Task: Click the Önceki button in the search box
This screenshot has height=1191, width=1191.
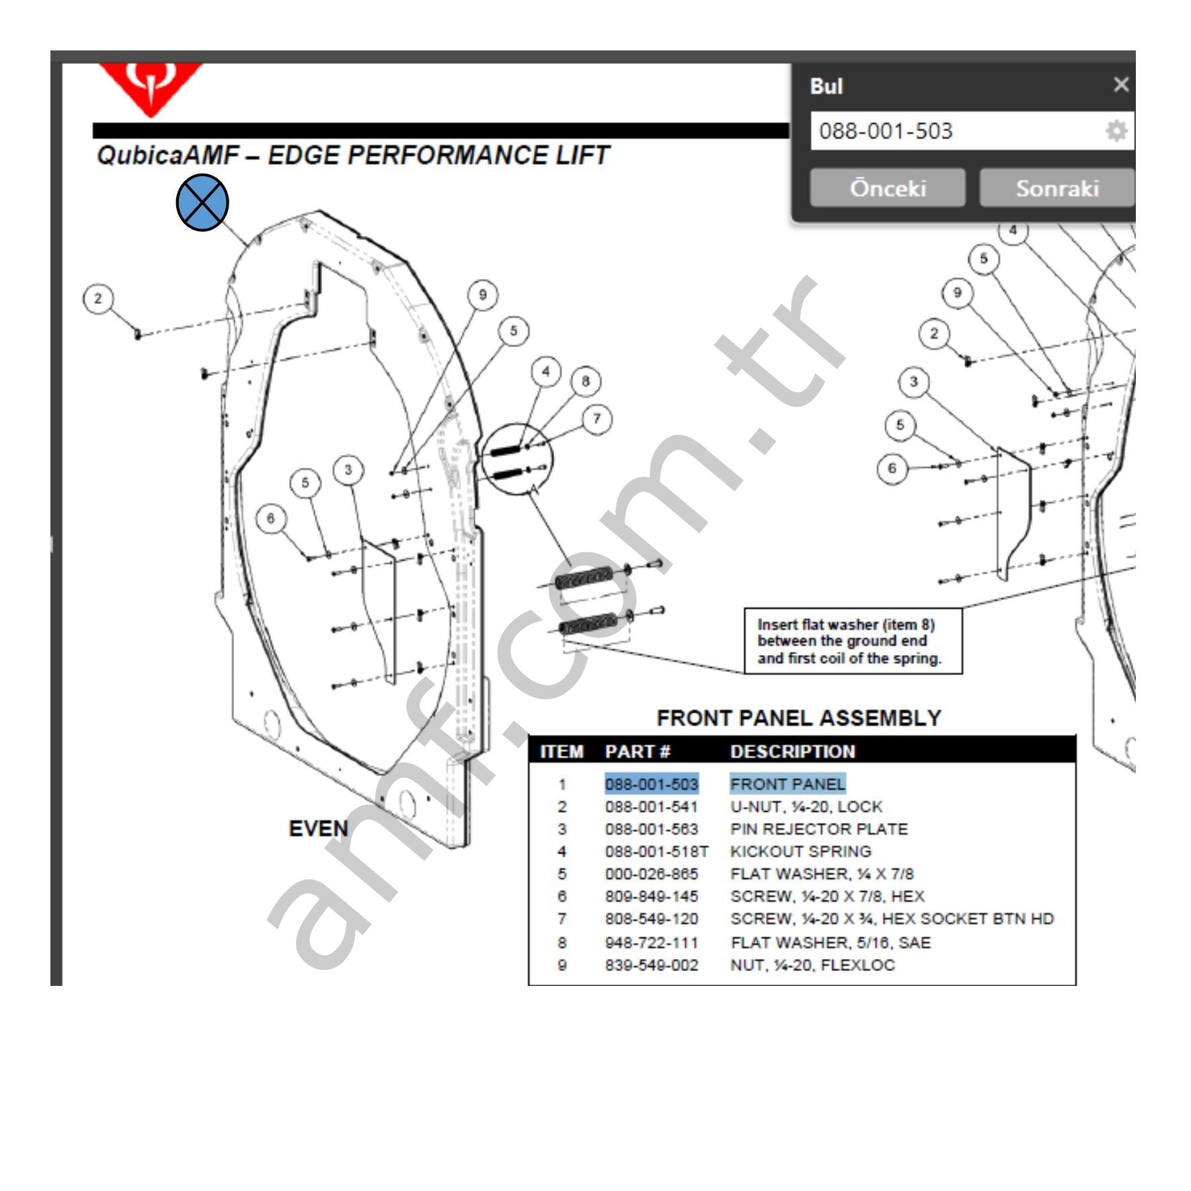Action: click(887, 188)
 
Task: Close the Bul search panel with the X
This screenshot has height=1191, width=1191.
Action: click(1120, 85)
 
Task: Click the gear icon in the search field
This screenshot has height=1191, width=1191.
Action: click(1116, 130)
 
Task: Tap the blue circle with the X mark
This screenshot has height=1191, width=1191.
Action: click(202, 202)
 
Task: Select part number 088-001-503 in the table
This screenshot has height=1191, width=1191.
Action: click(651, 784)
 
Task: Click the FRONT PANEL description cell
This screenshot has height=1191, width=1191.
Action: click(787, 784)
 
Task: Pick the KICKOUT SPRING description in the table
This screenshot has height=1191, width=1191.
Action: click(800, 851)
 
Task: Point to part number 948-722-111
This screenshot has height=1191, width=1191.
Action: click(651, 942)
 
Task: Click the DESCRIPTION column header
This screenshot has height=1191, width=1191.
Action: click(792, 751)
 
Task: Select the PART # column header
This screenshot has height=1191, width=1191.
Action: click(637, 751)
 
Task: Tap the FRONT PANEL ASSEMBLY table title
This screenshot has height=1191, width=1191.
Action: click(798, 718)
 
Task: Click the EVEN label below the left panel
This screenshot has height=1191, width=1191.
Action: click(318, 829)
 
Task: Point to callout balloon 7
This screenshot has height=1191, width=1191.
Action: click(597, 419)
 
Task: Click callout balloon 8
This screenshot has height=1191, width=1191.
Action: click(585, 381)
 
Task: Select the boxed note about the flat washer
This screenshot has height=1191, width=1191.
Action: click(853, 641)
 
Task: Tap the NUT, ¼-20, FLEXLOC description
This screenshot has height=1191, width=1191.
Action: click(812, 965)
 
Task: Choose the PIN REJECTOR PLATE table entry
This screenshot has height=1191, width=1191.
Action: click(818, 829)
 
